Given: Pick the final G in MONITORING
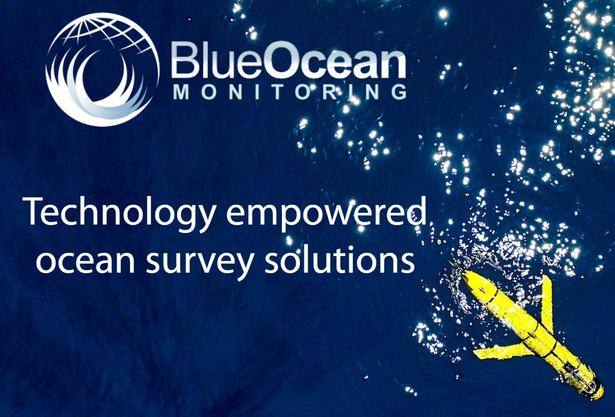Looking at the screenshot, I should pos(397,92).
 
